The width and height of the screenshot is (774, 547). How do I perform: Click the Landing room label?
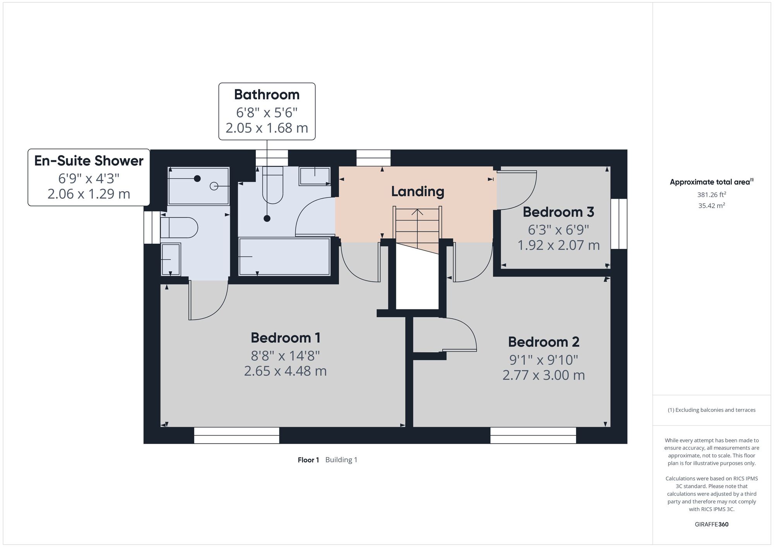(418, 191)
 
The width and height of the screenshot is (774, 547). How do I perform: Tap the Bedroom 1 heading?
(286, 338)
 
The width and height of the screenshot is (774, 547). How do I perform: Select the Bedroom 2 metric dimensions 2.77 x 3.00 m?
(544, 375)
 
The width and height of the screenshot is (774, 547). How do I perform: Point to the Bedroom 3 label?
(558, 212)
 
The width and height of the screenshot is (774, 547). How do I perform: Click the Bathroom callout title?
(267, 94)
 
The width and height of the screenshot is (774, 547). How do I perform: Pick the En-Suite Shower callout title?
(89, 161)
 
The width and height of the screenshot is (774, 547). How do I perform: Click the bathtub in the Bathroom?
(284, 257)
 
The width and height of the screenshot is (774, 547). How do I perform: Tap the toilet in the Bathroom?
(273, 185)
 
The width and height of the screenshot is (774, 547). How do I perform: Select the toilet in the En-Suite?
(179, 228)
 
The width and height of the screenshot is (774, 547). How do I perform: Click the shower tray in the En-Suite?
(199, 186)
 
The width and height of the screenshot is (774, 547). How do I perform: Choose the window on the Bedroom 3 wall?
(619, 224)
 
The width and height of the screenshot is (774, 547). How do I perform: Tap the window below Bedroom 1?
(236, 435)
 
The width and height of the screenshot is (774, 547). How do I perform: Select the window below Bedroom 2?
(533, 435)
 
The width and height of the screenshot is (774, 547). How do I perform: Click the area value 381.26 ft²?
(712, 195)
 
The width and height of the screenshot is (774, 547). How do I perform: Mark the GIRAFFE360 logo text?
(712, 525)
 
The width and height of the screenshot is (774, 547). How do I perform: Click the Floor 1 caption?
(308, 460)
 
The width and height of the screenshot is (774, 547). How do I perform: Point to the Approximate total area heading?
(712, 182)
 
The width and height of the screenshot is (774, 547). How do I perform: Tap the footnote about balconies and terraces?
(712, 410)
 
